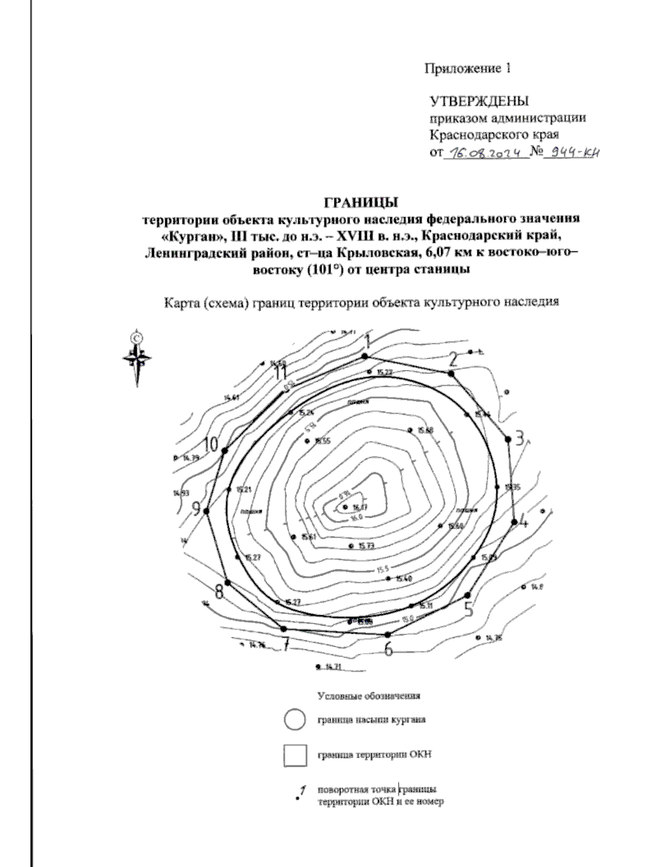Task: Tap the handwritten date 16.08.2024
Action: coord(485,152)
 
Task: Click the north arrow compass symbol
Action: coord(136,357)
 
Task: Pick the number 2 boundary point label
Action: coord(454,358)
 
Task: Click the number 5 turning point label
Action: coord(469,609)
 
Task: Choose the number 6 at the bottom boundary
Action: coord(389,649)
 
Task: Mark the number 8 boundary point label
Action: coord(219,592)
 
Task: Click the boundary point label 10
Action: coord(210,444)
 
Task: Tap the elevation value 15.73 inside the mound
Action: coord(366,546)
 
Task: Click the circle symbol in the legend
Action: coord(294,720)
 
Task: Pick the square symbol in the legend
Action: coord(295,755)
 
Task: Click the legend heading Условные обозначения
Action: coord(368,696)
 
